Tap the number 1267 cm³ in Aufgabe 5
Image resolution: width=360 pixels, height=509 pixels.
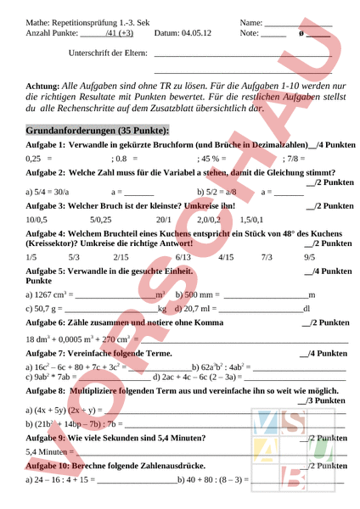click(51, 269)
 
